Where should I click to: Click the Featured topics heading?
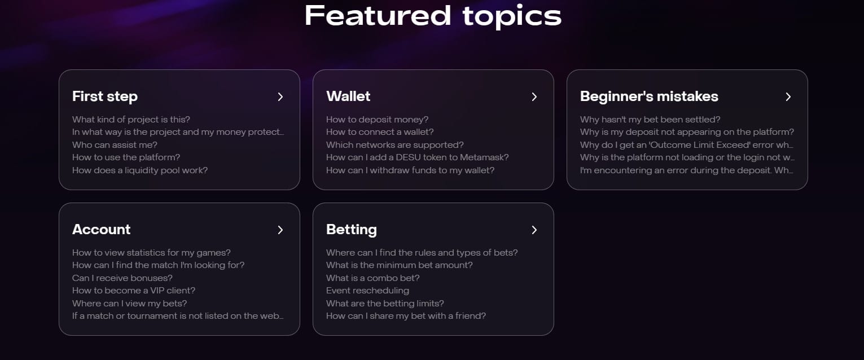coord(433,16)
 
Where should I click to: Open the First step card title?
coord(105,96)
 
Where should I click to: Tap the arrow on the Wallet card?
coord(534,97)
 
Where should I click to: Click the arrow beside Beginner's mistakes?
coord(788,97)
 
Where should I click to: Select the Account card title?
coord(102,230)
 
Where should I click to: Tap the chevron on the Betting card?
coord(534,230)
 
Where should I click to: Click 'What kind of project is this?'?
coord(131,120)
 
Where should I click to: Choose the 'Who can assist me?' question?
coord(115,144)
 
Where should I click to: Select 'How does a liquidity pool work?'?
coord(140,170)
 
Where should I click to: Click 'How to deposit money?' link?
coord(377,120)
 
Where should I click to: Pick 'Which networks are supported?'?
coord(395,144)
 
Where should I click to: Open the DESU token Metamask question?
coord(418,157)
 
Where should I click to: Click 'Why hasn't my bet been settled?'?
coord(650,120)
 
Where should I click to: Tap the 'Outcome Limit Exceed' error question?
coord(687,144)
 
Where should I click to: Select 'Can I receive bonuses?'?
coord(122,278)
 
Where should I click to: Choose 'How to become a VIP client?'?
coord(134,291)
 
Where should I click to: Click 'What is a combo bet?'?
coord(372,278)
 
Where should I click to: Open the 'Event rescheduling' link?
coord(367,291)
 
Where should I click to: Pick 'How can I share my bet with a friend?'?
coord(406,316)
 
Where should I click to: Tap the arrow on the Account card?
coord(280,230)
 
